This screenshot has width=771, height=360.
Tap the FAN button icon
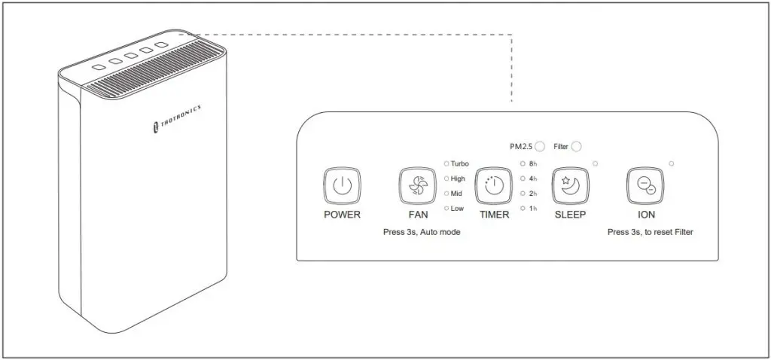tap(417, 186)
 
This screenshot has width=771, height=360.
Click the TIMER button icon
tap(494, 186)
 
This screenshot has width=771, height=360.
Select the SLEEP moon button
tap(571, 186)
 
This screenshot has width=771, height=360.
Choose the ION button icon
tap(645, 186)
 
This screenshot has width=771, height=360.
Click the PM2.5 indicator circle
tap(540, 147)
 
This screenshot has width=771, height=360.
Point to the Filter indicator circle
tap(576, 147)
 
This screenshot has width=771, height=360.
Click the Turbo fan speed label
tap(459, 163)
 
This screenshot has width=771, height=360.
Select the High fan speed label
tap(458, 179)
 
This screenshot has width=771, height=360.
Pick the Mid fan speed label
tap(456, 194)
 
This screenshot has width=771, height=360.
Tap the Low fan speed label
tap(457, 209)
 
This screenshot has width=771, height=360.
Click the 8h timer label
tap(533, 163)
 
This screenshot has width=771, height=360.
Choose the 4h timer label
tap(533, 179)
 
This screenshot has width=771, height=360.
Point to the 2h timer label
tap(533, 194)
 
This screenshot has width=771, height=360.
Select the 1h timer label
tap(533, 209)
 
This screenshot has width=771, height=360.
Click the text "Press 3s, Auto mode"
tap(422, 232)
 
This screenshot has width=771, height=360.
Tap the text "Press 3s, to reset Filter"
tap(650, 232)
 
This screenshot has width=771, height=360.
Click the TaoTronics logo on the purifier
tap(176, 118)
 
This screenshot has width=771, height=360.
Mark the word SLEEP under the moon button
tap(571, 215)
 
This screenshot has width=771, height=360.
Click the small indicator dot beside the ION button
tap(671, 163)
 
